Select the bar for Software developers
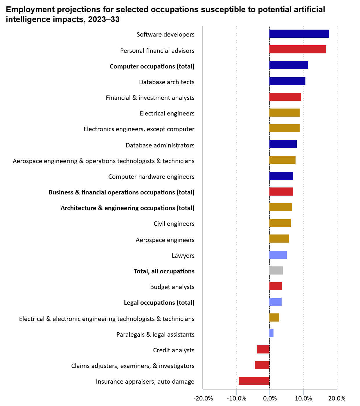click(x=299, y=34)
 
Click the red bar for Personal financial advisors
click(x=298, y=49)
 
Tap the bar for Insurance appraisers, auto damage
click(x=254, y=381)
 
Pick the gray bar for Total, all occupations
click(x=276, y=270)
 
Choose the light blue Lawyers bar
click(x=278, y=255)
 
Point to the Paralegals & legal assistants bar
click(x=271, y=333)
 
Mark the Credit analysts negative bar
click(x=263, y=349)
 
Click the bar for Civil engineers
click(x=280, y=223)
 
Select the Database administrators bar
click(x=283, y=144)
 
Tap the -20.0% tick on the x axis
click(x=203, y=398)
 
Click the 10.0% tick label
click(x=303, y=398)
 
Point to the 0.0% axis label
click(x=270, y=398)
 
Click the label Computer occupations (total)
click(x=152, y=66)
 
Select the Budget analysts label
click(x=172, y=287)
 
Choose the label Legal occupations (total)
click(x=159, y=302)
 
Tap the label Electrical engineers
click(x=167, y=113)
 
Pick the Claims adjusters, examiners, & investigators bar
click(x=262, y=365)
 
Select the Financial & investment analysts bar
click(x=285, y=97)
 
